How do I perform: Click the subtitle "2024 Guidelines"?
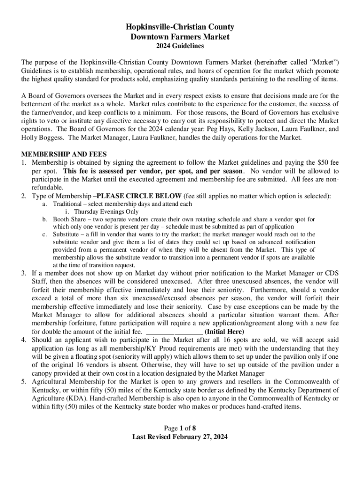[x=180, y=46]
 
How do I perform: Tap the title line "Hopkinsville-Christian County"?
[x=180, y=27]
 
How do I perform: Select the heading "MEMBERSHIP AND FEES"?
[x=65, y=154]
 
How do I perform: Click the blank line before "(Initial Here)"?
[x=175, y=332]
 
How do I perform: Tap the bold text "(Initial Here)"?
[x=224, y=332]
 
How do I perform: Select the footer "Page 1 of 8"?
[x=180, y=428]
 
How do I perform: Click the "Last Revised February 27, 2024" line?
[x=180, y=437]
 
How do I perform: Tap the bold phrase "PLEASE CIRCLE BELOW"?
[x=130, y=196]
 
